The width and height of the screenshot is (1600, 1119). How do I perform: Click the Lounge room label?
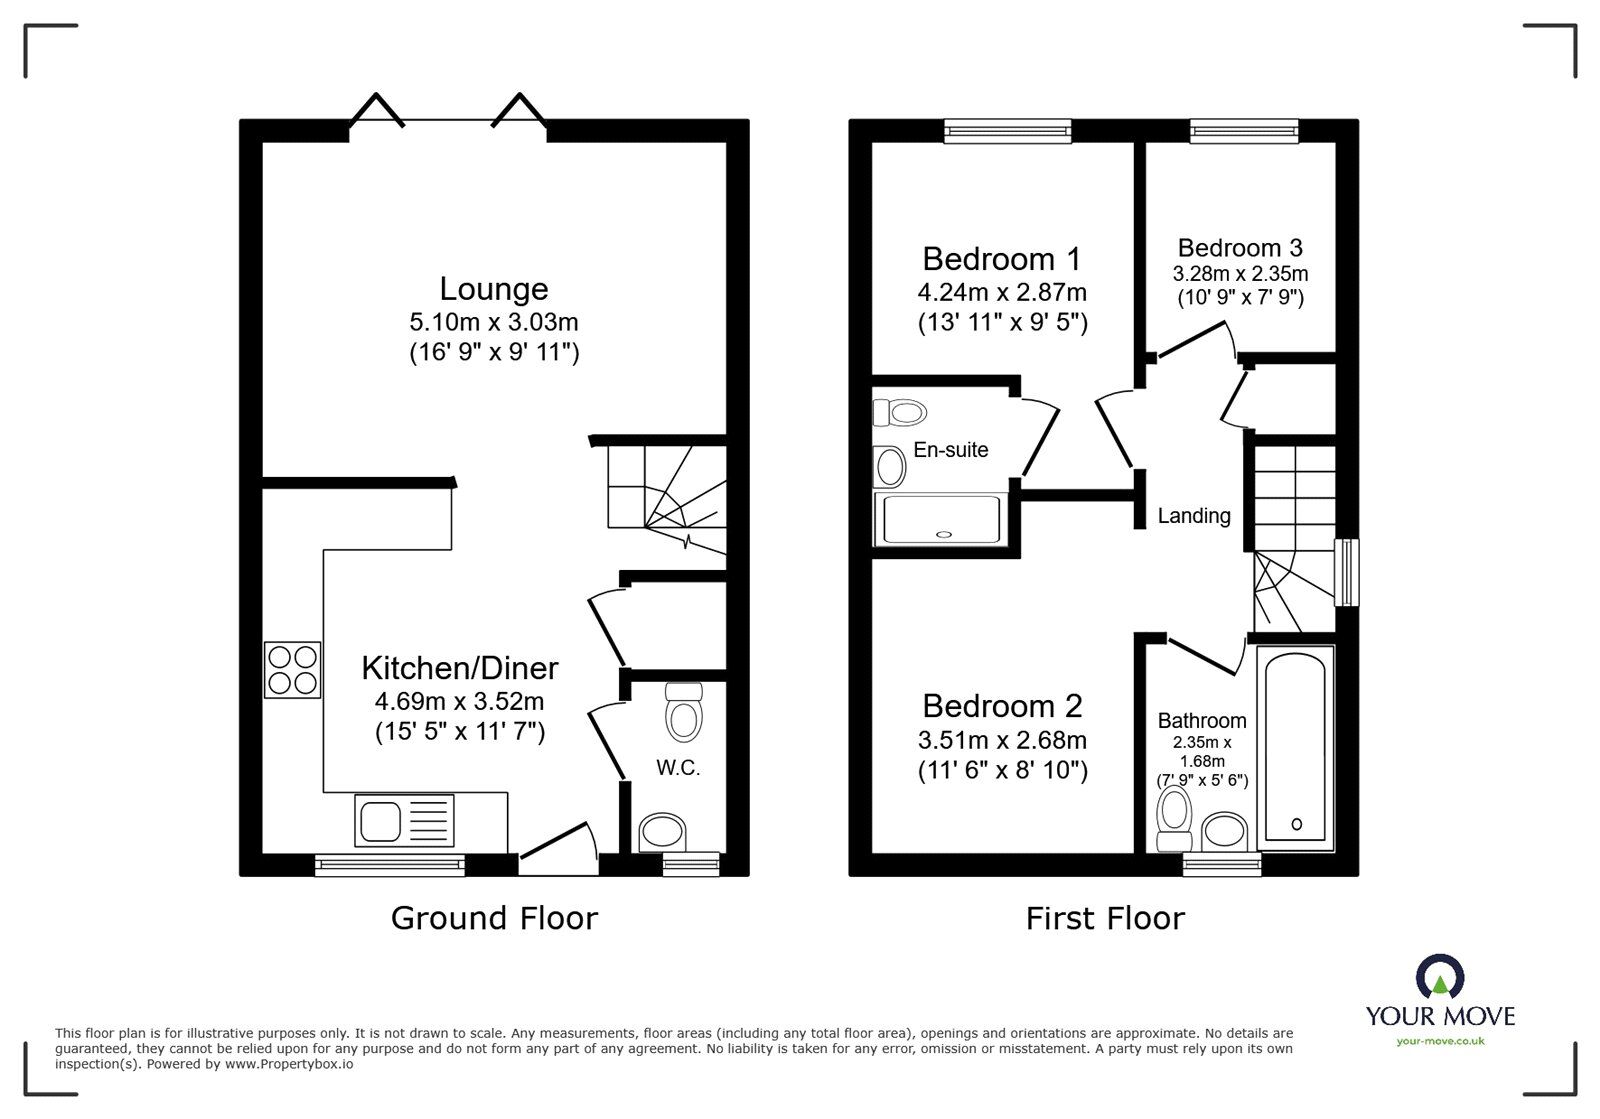pos(494,289)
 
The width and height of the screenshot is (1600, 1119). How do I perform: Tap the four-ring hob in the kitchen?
pos(293,669)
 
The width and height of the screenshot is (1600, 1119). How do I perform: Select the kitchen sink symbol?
pos(404,820)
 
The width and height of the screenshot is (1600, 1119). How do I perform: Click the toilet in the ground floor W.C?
pos(684,712)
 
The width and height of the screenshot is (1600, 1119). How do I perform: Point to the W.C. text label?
pos(678,768)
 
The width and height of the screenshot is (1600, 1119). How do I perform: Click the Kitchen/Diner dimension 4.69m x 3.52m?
pos(460,701)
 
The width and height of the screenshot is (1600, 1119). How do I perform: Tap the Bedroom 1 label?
pos(1001,259)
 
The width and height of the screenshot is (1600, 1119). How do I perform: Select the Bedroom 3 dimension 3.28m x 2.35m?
pos(1240,273)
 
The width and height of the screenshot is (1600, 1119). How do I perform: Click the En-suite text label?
pos(951,450)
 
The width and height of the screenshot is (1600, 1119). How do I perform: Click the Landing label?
pos(1194,516)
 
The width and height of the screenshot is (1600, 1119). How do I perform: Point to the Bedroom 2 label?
pos(1002,706)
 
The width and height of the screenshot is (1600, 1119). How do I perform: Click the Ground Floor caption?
pos(494,918)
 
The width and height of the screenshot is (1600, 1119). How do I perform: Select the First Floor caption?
pos(1105,918)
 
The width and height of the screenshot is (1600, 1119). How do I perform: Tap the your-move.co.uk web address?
pos(1440,1041)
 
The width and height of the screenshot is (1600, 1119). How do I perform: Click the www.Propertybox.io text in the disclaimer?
pos(289,1064)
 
